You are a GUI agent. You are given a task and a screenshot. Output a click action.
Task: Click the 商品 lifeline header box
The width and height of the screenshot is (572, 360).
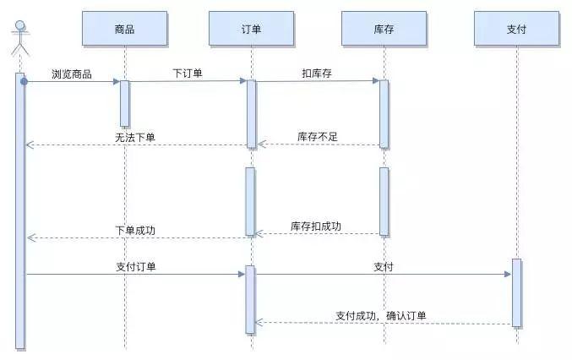[124, 29]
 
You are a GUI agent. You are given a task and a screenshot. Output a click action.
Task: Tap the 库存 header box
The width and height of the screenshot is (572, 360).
[384, 29]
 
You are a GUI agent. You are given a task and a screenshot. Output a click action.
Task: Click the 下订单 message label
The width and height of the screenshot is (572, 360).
[187, 74]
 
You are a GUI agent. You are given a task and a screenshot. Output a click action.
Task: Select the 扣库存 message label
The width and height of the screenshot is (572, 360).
[317, 74]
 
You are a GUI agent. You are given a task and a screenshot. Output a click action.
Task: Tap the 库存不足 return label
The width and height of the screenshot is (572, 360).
[318, 137]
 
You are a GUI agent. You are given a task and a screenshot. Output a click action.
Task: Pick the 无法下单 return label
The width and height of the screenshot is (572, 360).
[135, 137]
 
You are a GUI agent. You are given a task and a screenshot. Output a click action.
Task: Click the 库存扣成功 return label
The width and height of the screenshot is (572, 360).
[316, 226]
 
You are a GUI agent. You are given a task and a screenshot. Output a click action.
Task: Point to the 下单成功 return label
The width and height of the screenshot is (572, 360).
[135, 230]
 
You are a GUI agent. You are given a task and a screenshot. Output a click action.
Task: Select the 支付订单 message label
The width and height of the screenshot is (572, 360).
[135, 266]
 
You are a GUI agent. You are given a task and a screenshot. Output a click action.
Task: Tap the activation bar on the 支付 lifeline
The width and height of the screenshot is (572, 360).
[516, 292]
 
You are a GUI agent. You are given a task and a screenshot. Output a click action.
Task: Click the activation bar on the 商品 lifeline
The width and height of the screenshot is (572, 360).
[124, 103]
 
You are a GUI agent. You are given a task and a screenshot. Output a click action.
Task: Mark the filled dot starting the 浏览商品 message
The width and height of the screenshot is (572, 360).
[25, 81]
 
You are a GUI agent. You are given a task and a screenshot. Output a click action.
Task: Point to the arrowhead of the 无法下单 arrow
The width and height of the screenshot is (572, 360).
[30, 145]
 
